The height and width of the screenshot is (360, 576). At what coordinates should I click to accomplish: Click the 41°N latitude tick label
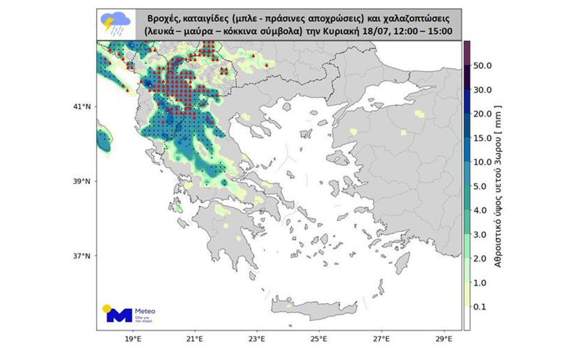(82, 107)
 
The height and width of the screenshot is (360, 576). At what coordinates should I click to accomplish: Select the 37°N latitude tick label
(82, 256)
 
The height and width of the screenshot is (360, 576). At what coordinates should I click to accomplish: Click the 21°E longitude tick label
(194, 339)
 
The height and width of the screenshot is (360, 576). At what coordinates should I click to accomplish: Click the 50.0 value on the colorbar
(484, 65)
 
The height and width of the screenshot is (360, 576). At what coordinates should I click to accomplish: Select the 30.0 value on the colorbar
(484, 90)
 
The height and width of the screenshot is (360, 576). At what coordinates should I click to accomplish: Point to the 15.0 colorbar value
(484, 138)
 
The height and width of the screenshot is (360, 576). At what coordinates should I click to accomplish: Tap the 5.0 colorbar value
(484, 187)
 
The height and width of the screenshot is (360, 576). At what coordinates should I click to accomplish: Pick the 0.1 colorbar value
(484, 307)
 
